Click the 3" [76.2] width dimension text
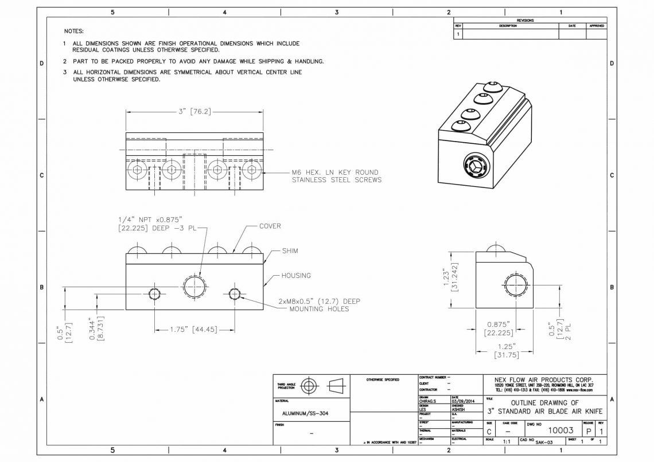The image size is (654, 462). coord(194,111)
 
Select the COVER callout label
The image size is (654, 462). coord(270,226)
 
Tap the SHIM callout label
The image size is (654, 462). coord(290,250)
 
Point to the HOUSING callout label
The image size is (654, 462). coord(295,276)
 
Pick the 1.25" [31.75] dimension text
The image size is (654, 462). coord(506,351)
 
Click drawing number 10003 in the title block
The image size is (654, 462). coord(560,430)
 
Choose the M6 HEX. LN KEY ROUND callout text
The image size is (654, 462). coord(336,172)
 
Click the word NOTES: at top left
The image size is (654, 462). coord(74,31)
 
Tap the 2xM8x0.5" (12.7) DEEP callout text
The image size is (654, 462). coord(319,301)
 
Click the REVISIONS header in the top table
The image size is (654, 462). coord(525,21)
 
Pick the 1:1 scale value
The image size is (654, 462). coord(507,442)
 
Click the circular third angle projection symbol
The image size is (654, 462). coord(309,385)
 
